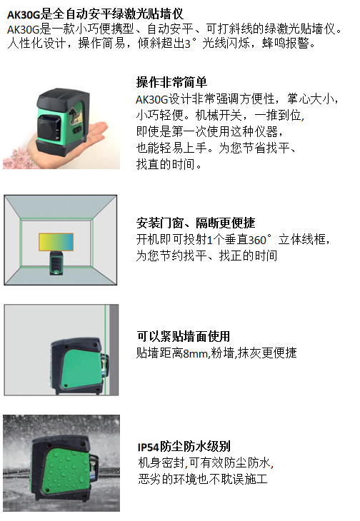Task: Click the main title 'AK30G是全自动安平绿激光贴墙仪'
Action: (95, 14)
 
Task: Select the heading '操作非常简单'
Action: (171, 82)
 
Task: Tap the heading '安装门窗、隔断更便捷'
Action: (196, 223)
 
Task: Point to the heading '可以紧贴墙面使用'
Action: (184, 336)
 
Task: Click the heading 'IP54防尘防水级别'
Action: (184, 446)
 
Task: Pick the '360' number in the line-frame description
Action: (257, 240)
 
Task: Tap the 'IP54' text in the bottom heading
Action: (149, 447)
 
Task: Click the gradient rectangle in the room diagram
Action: (56, 241)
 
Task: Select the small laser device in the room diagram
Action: (56, 263)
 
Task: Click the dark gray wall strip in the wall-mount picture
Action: (114, 350)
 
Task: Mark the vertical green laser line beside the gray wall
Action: (106, 350)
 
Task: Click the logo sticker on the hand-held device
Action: (76, 116)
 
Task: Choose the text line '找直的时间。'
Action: (169, 164)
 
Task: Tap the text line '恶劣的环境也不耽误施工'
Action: (203, 479)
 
